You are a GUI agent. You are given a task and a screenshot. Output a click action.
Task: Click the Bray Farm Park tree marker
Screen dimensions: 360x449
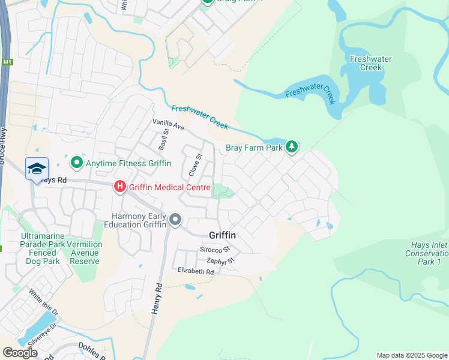pyautogui.click(x=291, y=146)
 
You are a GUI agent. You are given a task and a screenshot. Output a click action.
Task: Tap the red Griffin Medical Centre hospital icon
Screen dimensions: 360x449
pyautogui.click(x=119, y=187)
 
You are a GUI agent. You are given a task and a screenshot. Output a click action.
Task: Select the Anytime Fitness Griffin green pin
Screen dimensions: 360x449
pyautogui.click(x=76, y=163)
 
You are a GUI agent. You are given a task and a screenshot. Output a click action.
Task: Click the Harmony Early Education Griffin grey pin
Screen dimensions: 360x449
pyautogui.click(x=175, y=220)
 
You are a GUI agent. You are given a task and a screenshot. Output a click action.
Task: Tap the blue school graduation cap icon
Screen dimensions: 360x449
pyautogui.click(x=37, y=169)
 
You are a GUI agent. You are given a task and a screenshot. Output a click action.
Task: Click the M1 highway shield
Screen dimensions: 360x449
pyautogui.click(x=7, y=62)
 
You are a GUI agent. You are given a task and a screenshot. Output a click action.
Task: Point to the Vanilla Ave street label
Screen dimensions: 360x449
pyautogui.click(x=168, y=125)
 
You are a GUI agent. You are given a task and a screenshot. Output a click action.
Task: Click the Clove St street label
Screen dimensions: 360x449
pyautogui.click(x=194, y=165)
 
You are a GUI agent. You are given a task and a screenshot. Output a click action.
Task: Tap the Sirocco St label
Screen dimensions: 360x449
pyautogui.click(x=215, y=249)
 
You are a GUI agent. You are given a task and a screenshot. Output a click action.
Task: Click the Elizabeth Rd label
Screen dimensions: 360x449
pyautogui.click(x=196, y=271)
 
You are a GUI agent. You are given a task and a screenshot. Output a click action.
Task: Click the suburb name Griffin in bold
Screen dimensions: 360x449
pyautogui.click(x=221, y=235)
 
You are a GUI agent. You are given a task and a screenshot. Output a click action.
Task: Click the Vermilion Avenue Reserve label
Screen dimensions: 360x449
pyautogui.click(x=84, y=253)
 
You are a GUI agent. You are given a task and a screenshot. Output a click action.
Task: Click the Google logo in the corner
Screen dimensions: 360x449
pyautogui.click(x=20, y=353)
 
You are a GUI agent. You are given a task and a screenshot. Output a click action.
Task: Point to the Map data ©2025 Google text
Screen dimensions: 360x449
pyautogui.click(x=411, y=355)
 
